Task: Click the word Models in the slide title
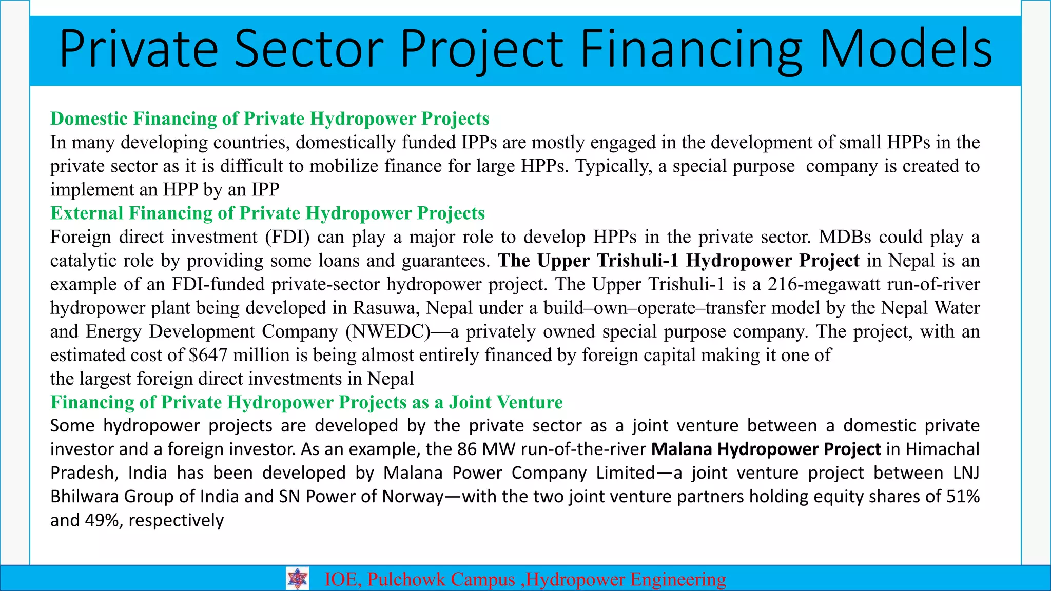click(906, 50)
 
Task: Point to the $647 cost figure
click(208, 355)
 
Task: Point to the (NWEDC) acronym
click(388, 331)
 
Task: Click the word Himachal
click(942, 449)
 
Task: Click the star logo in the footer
click(297, 579)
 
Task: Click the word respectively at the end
click(176, 520)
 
